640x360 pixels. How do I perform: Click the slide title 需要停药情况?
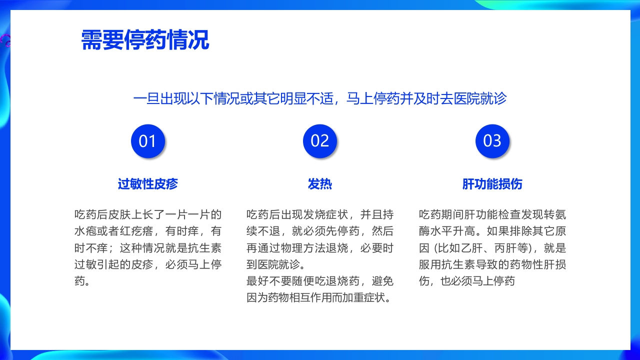coord(145,40)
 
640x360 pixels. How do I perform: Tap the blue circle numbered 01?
coord(147,141)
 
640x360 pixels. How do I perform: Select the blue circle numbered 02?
coord(320,141)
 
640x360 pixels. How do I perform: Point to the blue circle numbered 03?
coord(492,141)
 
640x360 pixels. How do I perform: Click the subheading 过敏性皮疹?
coord(147,184)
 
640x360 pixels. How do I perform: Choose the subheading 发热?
coord(320,184)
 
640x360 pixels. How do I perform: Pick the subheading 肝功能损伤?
coord(492,184)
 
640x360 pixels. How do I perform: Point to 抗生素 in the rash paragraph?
coord(205,248)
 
